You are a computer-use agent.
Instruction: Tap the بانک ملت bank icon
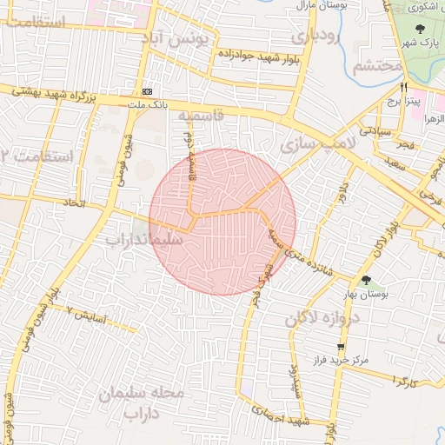147,90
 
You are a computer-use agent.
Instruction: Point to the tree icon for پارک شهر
420,30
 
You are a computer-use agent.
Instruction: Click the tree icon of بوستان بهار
366,281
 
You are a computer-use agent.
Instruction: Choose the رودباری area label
314,37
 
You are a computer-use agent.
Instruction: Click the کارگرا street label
405,381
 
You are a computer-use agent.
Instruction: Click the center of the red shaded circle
222,222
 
